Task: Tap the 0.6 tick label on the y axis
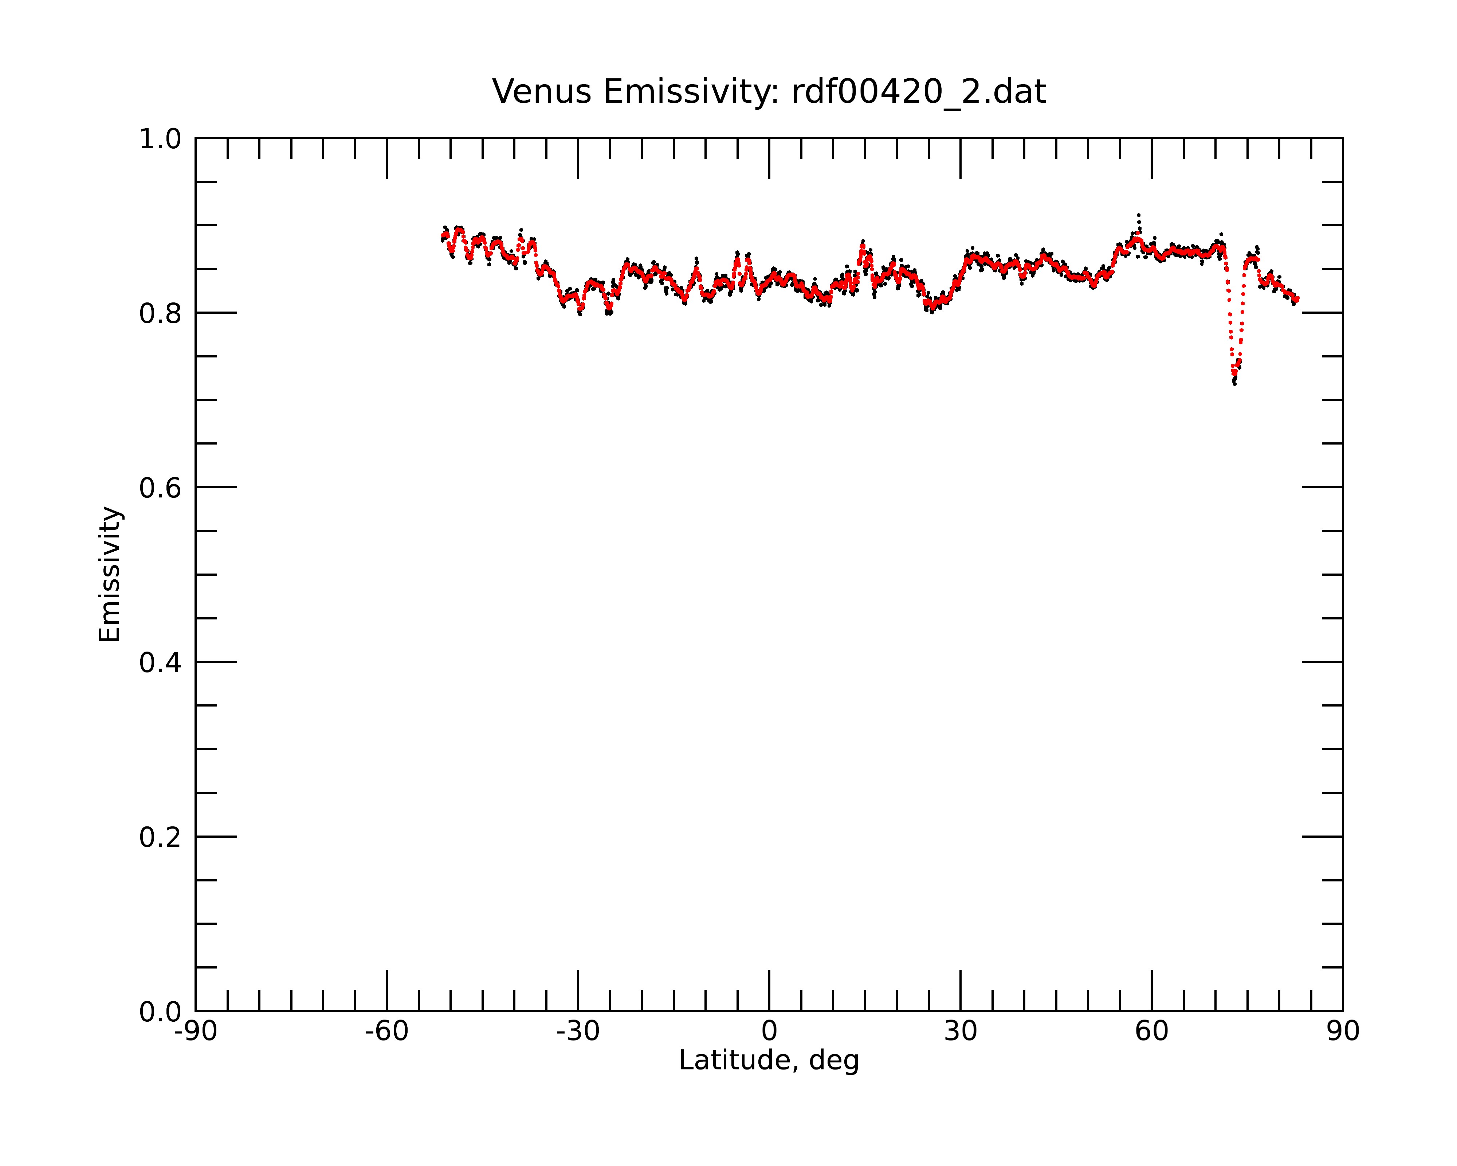[160, 488]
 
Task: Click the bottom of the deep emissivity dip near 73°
[1235, 383]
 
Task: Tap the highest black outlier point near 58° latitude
[1139, 215]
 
